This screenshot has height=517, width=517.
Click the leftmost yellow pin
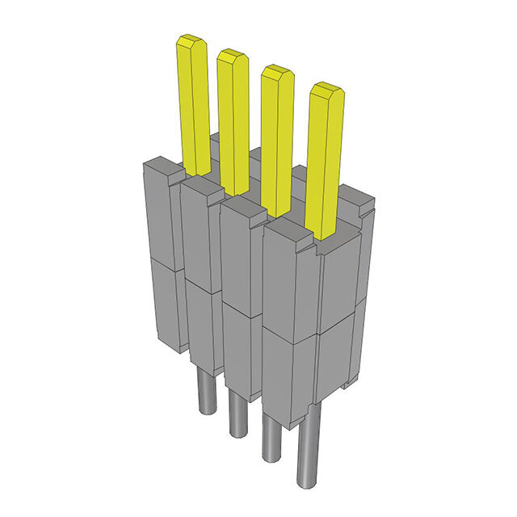pos(193,105)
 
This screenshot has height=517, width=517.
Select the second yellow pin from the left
pos(233,121)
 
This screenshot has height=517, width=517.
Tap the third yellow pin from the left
pos(276,137)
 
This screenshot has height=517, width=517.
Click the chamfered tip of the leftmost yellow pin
pos(191,40)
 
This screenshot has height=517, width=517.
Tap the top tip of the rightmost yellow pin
pos(326,88)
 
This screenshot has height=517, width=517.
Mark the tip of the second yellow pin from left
pos(232,56)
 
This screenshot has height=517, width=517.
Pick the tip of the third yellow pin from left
pos(276,72)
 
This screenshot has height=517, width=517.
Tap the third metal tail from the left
pos(272,436)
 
